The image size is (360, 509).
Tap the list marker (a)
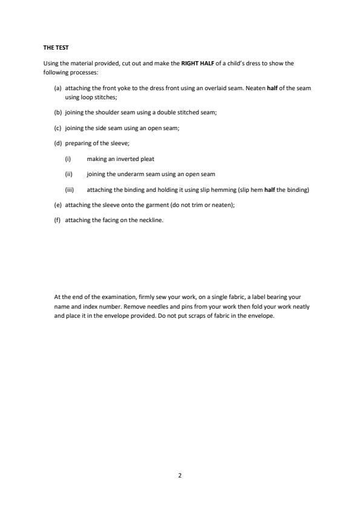(x=58, y=88)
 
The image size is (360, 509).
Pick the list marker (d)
(x=58, y=143)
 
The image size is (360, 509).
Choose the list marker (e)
(x=58, y=205)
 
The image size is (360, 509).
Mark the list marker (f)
(x=58, y=220)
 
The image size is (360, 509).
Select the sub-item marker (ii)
(x=68, y=174)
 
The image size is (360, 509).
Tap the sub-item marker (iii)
(x=69, y=189)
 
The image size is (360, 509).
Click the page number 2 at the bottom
(x=180, y=476)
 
